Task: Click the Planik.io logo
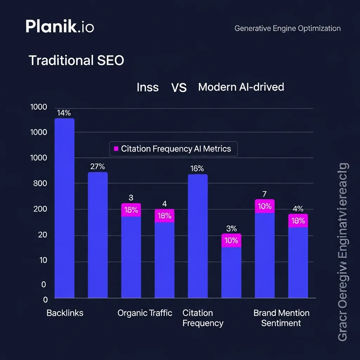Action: pyautogui.click(x=60, y=27)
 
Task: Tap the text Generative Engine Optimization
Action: pyautogui.click(x=287, y=28)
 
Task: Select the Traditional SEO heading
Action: pyautogui.click(x=76, y=60)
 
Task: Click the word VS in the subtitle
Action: pyautogui.click(x=179, y=88)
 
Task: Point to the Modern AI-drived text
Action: pyautogui.click(x=241, y=87)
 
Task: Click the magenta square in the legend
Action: pyautogui.click(x=116, y=149)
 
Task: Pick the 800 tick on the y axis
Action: pyautogui.click(x=40, y=183)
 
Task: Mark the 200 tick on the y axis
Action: pyautogui.click(x=40, y=209)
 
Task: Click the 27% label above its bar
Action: pyautogui.click(x=98, y=167)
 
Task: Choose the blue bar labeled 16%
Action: pyautogui.click(x=198, y=236)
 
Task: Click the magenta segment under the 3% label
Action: pyautogui.click(x=231, y=241)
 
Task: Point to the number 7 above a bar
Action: pyautogui.click(x=265, y=194)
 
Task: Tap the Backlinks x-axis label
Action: pyautogui.click(x=65, y=313)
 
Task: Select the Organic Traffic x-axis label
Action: pyautogui.click(x=145, y=313)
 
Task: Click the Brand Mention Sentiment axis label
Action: pyautogui.click(x=281, y=318)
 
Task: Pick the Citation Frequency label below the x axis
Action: pyautogui.click(x=203, y=318)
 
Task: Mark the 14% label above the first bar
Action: pyautogui.click(x=64, y=113)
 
